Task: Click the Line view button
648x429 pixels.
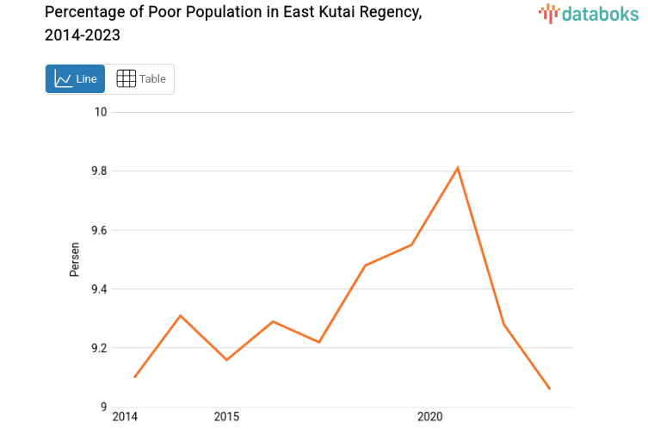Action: point(76,78)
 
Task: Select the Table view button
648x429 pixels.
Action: point(141,78)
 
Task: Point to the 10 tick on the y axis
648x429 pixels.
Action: point(101,112)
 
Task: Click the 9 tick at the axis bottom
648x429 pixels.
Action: point(102,407)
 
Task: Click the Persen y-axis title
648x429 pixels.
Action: point(75,259)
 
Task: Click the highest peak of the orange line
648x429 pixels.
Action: point(458,167)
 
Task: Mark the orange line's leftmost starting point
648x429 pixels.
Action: point(135,377)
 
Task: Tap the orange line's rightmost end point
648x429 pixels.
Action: point(550,389)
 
